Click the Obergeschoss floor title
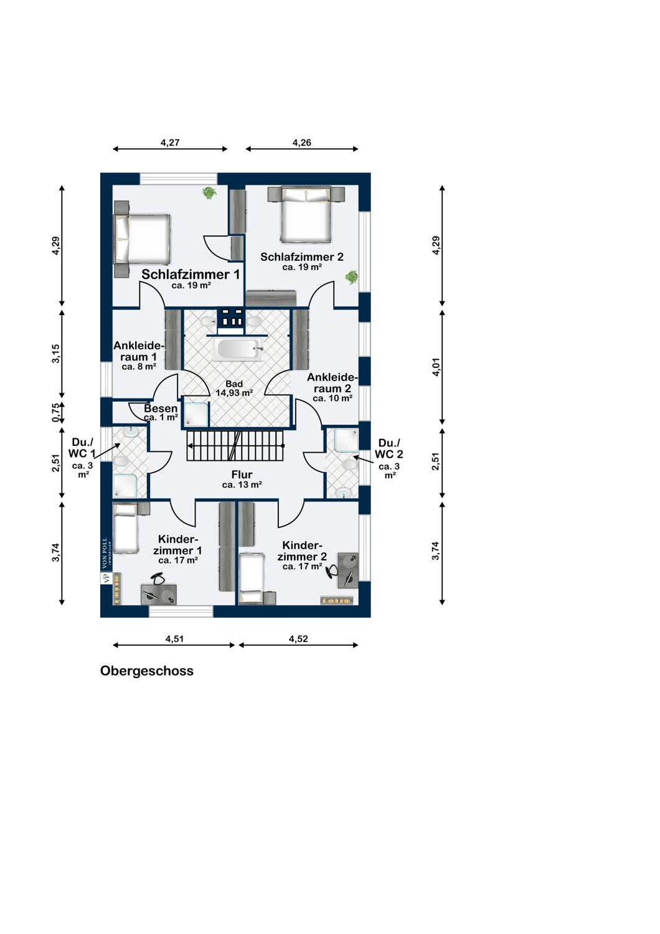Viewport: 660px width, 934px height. click(147, 671)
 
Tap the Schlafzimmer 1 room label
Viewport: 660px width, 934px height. click(191, 274)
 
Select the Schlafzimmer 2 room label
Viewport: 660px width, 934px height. click(302, 257)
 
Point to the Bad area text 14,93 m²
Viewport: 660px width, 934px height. click(234, 392)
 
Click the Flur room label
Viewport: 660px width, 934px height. click(242, 474)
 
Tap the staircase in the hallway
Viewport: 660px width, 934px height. click(235, 446)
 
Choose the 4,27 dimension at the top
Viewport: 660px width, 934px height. click(170, 143)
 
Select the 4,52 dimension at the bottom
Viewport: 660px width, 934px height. click(298, 639)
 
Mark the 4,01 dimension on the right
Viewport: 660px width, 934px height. click(436, 367)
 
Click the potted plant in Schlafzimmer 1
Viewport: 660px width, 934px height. click(209, 193)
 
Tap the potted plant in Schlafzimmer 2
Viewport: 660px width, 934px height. click(351, 277)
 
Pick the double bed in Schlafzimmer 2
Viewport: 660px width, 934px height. click(306, 214)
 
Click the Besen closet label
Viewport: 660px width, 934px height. click(161, 408)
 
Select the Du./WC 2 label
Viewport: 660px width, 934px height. click(389, 449)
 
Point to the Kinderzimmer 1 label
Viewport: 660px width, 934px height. click(177, 545)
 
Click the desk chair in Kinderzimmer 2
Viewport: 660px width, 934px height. click(333, 570)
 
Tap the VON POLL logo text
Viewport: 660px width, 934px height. click(105, 554)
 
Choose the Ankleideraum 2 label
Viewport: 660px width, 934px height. click(332, 383)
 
